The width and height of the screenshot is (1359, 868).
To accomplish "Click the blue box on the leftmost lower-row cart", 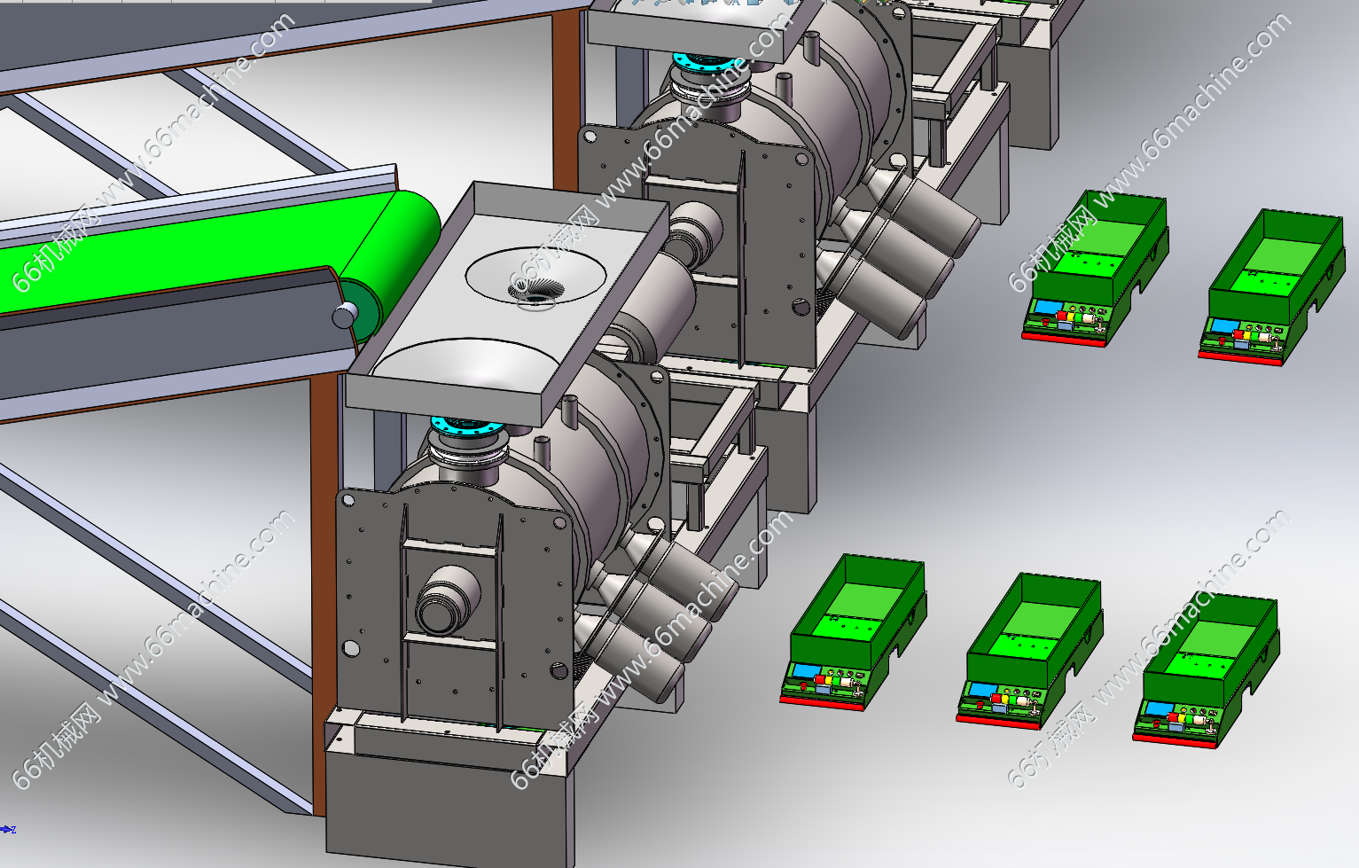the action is pyautogui.click(x=807, y=671).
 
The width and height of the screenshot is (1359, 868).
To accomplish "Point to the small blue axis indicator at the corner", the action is pyautogui.click(x=7, y=829).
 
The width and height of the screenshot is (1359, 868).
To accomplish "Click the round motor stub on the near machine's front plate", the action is pyautogui.click(x=448, y=600).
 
